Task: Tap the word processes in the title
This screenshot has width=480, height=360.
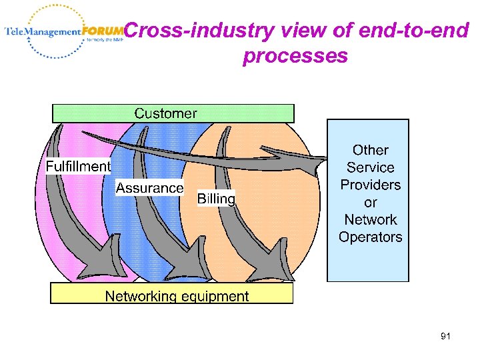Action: click(295, 56)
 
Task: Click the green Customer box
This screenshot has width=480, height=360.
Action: click(173, 113)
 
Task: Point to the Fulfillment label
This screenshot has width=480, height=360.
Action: click(78, 166)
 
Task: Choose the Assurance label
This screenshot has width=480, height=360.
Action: click(149, 188)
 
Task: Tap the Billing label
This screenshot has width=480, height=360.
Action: click(216, 199)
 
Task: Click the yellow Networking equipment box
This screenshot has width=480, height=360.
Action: click(172, 294)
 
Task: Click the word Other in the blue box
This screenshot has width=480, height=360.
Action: click(371, 150)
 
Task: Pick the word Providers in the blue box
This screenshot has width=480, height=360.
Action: click(371, 185)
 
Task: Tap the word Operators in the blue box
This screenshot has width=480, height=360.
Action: click(371, 237)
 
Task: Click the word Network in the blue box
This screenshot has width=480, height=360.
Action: click(371, 219)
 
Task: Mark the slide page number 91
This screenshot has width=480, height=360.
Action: click(445, 337)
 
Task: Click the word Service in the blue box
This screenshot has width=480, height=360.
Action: click(371, 167)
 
